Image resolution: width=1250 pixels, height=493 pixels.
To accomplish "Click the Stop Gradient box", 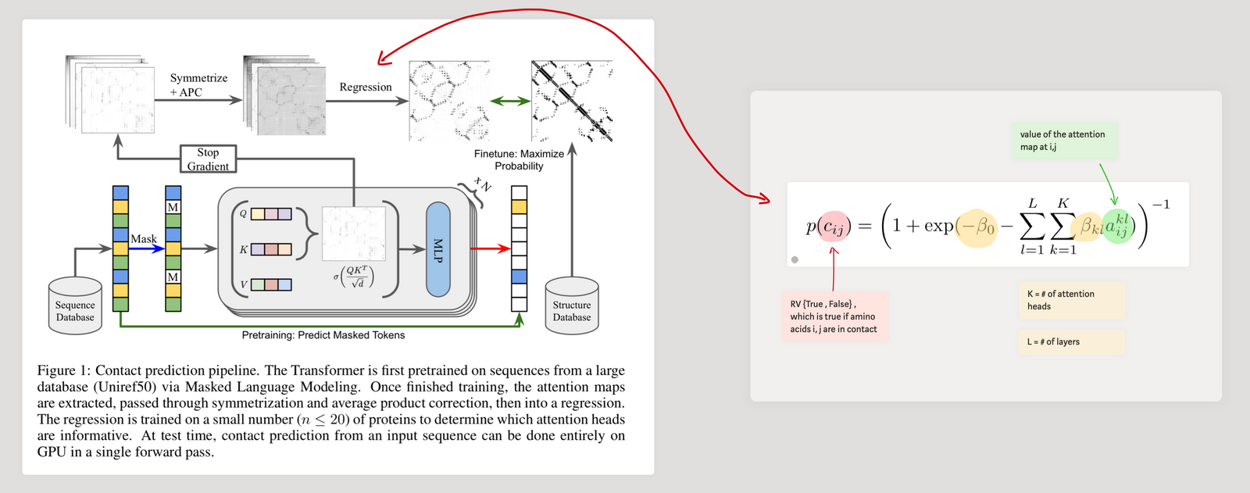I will point(208,159).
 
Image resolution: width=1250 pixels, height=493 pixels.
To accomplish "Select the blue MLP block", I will point(438,249).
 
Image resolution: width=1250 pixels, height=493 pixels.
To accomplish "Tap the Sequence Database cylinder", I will point(75,305).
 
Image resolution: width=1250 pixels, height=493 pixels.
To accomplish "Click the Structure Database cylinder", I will point(572,305).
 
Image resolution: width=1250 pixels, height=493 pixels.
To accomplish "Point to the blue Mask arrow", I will point(146,248).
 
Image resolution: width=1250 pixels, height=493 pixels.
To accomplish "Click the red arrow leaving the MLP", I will point(490,248).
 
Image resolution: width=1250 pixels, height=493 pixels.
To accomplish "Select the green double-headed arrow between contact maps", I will point(510,101).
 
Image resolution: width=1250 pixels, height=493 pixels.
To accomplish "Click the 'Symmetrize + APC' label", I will point(198,85).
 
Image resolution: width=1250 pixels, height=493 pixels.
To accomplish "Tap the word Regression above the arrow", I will point(366,87).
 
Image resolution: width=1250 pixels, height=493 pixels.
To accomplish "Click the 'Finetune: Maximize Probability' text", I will point(519,159).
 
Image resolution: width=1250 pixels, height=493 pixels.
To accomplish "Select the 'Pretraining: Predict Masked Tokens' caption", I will point(323,335).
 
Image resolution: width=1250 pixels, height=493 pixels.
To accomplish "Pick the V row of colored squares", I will point(271,284).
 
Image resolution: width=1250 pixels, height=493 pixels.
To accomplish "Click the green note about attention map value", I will point(1063,141).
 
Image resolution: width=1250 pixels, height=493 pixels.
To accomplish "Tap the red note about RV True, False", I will point(834,316).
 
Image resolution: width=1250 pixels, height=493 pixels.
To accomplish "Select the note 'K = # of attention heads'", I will point(1070,300).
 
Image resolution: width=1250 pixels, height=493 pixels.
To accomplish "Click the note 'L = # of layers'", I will point(1070,341).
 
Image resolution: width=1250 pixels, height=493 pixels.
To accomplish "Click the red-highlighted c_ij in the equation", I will point(834,227).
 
